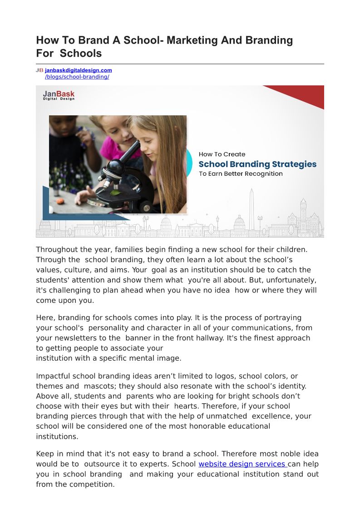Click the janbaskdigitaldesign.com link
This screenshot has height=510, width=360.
point(78,70)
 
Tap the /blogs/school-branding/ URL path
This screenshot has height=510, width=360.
point(77,77)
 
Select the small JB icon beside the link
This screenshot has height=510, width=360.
point(39,70)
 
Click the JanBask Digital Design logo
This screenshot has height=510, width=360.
point(59,95)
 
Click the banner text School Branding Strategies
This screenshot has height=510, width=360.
point(257,164)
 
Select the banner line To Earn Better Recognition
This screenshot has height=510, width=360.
point(241,174)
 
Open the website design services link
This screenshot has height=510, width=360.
point(242,464)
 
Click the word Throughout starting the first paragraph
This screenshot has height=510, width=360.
point(57,249)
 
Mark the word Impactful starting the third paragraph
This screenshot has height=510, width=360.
point(53,376)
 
